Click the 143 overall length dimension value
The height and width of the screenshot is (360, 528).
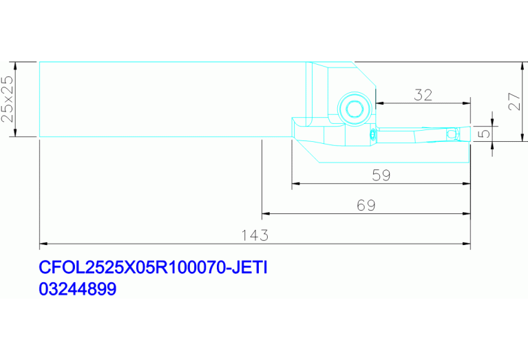[255, 235]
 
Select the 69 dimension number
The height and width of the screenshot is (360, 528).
[366, 205]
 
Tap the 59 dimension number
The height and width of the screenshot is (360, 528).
[381, 176]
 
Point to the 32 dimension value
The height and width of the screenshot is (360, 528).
[423, 95]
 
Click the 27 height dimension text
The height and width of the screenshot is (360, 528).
[514, 101]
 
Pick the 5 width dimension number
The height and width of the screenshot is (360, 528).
[484, 134]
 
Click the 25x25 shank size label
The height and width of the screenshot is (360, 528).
[8, 98]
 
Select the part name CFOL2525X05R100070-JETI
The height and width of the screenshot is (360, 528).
[153, 267]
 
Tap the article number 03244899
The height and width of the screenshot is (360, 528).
[78, 289]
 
